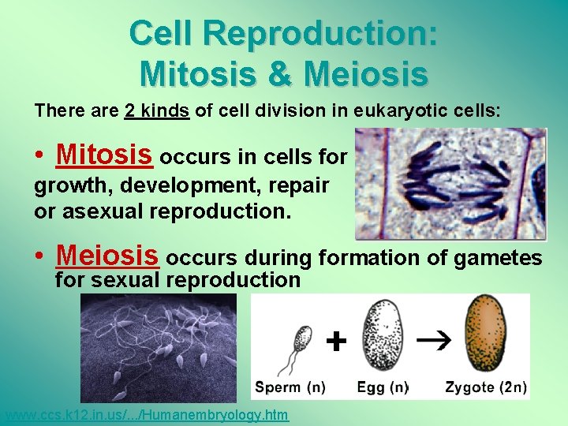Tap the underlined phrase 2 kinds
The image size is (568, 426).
click(x=157, y=111)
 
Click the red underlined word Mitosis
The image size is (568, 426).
click(x=104, y=155)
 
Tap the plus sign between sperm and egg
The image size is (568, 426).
click(x=336, y=341)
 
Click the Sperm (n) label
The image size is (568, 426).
click(x=290, y=387)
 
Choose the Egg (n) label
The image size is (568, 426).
click(x=383, y=387)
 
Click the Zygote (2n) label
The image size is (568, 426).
click(x=486, y=387)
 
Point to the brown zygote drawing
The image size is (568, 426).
click(x=485, y=334)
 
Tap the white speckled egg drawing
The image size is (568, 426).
click(x=381, y=336)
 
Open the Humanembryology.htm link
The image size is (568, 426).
click(x=146, y=416)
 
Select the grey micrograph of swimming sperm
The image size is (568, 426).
click(x=158, y=348)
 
